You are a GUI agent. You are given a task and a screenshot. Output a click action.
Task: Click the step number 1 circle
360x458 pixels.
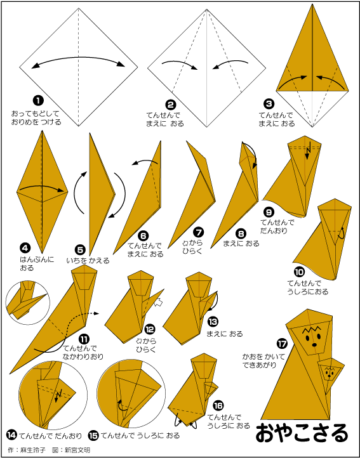(38, 101)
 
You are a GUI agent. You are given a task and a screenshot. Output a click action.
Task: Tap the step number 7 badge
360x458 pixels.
(199, 233)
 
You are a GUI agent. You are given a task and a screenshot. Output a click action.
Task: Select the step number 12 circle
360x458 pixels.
(150, 329)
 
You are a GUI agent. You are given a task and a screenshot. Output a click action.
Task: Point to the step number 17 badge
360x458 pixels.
(283, 344)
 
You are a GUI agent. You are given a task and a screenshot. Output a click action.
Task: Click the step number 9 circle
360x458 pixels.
(268, 211)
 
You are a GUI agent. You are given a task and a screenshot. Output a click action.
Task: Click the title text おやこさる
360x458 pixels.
(302, 433)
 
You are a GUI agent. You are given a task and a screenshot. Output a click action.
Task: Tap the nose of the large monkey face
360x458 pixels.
(314, 344)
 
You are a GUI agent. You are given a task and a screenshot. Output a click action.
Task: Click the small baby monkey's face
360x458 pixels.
(330, 371)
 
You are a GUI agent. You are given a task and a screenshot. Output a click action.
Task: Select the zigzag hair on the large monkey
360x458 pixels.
(310, 330)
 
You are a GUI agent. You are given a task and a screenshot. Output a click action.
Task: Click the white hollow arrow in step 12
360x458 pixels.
(159, 303)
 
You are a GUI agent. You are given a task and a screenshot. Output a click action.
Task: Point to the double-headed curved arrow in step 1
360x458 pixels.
(78, 62)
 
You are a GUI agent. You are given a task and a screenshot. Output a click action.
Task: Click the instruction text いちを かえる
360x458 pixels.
(88, 260)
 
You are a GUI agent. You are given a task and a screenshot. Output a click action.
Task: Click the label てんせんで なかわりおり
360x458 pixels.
(84, 352)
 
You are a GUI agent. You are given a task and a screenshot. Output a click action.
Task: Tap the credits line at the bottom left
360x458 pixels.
(49, 450)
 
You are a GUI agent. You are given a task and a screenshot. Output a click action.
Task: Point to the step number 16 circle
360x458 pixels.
(218, 406)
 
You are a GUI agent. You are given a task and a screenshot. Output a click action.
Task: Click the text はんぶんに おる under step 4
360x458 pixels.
(37, 263)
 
